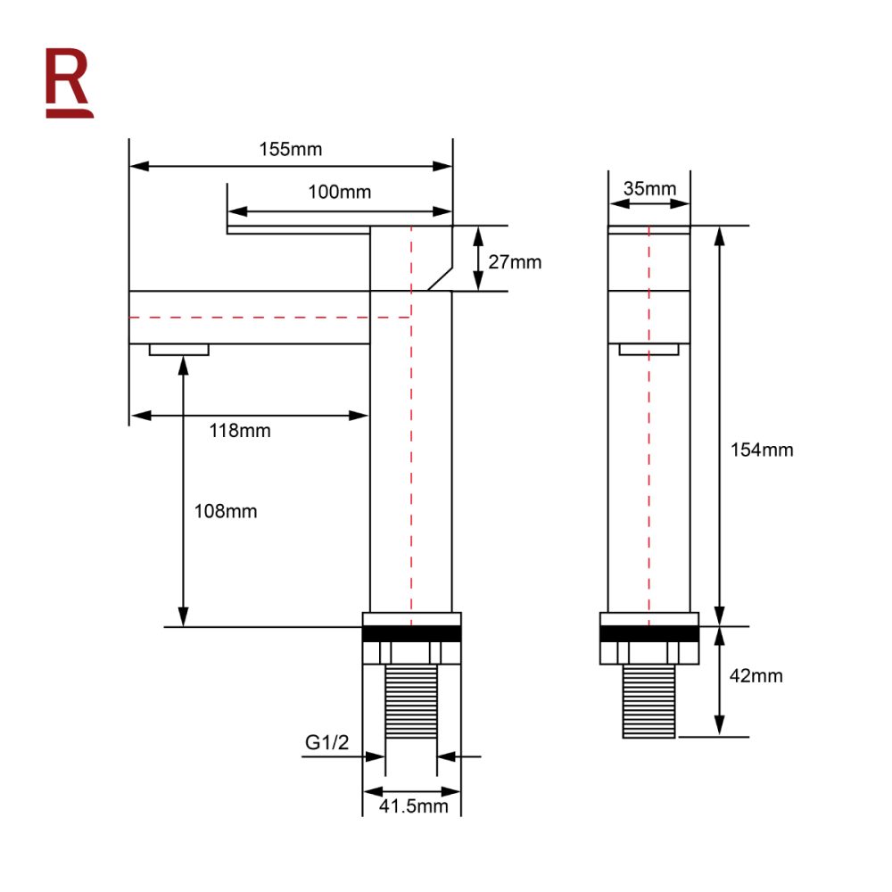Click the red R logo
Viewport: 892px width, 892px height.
69,81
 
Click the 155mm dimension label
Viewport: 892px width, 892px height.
291,149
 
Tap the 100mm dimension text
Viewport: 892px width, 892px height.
339,192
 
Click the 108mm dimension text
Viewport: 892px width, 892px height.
226,511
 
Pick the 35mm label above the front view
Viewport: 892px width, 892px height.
649,188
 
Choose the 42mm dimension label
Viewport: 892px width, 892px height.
756,676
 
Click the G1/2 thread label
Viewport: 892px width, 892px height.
326,742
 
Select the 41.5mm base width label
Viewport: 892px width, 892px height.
413,806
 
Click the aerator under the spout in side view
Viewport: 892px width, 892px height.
179,350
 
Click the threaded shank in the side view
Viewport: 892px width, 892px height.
411,701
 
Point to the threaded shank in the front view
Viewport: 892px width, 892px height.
648,701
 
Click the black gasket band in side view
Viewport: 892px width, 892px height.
411,634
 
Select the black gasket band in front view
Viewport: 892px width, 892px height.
648,634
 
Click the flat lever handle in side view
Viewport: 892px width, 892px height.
298,230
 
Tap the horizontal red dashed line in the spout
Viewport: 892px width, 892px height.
268,317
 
